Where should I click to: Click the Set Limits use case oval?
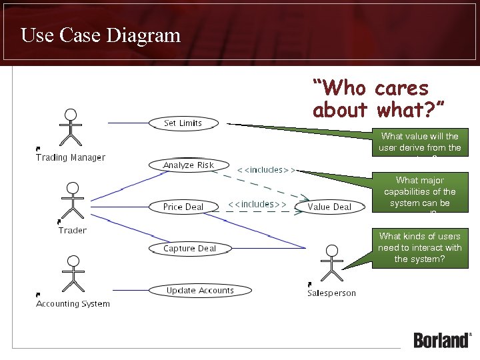click(x=183, y=123)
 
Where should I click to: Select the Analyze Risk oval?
click(x=188, y=165)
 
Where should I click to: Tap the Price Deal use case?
click(x=183, y=207)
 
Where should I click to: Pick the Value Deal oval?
click(x=329, y=207)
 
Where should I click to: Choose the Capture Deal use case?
click(x=190, y=249)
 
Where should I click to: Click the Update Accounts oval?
click(x=200, y=290)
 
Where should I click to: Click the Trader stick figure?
click(x=72, y=201)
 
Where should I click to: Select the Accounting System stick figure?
click(x=73, y=273)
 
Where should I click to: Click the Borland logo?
click(x=443, y=339)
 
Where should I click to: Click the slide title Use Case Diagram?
click(x=101, y=35)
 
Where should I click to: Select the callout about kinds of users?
click(x=419, y=247)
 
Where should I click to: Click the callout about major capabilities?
click(x=419, y=193)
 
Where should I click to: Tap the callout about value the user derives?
click(x=419, y=142)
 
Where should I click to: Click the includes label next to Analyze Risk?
click(x=265, y=170)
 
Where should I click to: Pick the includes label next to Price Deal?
click(x=257, y=204)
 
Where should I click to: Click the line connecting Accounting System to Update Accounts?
click(x=130, y=290)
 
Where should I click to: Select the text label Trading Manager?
click(x=71, y=157)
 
